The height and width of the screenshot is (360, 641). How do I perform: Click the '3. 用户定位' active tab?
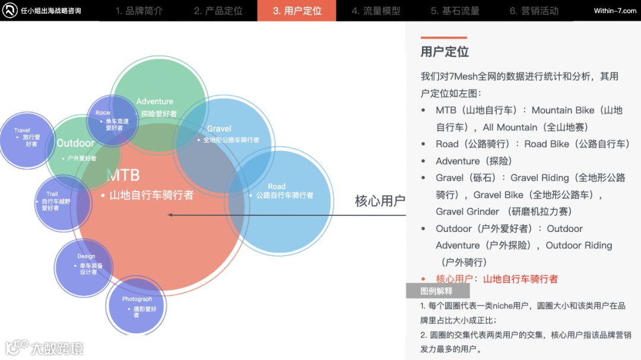coord(297,11)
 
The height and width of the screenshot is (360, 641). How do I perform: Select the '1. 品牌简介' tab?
coord(139,11)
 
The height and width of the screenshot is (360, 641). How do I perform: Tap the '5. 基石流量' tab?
coord(455,11)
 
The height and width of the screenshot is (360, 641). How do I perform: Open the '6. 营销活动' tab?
coord(534,11)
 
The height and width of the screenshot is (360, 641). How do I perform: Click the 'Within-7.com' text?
coord(615,11)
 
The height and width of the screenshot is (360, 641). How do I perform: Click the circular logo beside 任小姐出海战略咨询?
coord(10,11)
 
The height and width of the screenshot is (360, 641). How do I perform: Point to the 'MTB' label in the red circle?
coord(123,174)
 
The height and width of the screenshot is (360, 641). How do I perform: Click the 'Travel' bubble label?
coord(22,130)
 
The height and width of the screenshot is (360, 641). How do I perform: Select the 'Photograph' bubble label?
coord(137,299)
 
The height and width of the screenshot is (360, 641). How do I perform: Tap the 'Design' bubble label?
coord(86,256)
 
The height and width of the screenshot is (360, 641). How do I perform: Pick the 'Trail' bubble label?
coord(52,194)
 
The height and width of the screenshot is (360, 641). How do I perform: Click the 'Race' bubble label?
coord(103,113)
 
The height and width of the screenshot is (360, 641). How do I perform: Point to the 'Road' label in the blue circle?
coord(277,186)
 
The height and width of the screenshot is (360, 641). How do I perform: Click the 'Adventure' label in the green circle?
coord(155,101)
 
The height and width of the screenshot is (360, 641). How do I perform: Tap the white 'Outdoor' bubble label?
coord(75,143)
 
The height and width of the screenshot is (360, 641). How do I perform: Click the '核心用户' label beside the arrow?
coord(380,201)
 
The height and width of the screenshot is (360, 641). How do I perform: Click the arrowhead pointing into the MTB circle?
coord(170,215)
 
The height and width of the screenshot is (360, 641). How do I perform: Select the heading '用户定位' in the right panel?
coord(445,52)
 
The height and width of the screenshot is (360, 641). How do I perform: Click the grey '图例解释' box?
coord(437,291)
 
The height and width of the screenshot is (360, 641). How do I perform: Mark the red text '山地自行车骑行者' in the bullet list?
coord(521,279)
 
